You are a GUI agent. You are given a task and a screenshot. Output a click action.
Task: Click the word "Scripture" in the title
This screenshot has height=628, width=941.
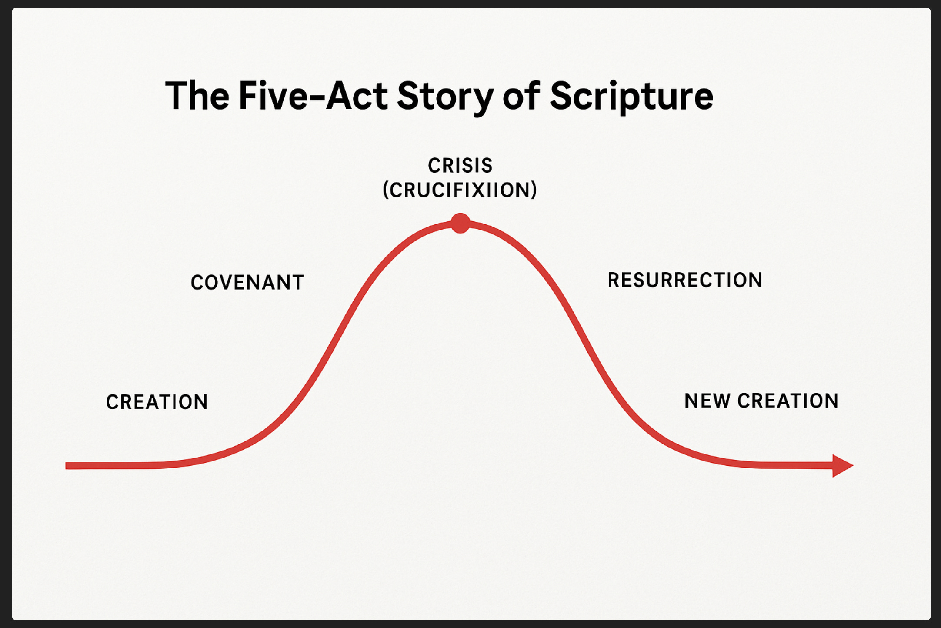(x=631, y=97)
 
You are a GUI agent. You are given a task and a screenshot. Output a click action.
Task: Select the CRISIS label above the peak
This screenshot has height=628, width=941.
(x=460, y=166)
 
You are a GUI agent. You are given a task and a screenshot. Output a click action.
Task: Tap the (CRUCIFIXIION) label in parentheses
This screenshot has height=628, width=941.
(x=460, y=190)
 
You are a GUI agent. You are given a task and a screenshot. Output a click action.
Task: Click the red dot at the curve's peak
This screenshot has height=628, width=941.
(x=460, y=223)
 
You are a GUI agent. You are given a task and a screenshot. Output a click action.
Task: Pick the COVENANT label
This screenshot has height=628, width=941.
(x=247, y=283)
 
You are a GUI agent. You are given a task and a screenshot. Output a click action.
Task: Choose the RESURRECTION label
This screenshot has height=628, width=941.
(x=685, y=280)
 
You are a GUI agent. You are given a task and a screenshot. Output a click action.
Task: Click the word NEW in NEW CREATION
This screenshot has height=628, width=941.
(x=707, y=401)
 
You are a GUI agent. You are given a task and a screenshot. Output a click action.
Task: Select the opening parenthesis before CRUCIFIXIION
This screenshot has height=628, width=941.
(x=386, y=190)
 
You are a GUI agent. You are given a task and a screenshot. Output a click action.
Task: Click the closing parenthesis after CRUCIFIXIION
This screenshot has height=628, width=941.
(x=534, y=190)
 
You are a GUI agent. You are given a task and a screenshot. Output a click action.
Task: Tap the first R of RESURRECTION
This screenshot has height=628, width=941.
(x=614, y=280)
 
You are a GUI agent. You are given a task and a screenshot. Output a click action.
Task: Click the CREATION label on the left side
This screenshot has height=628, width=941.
(x=157, y=402)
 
